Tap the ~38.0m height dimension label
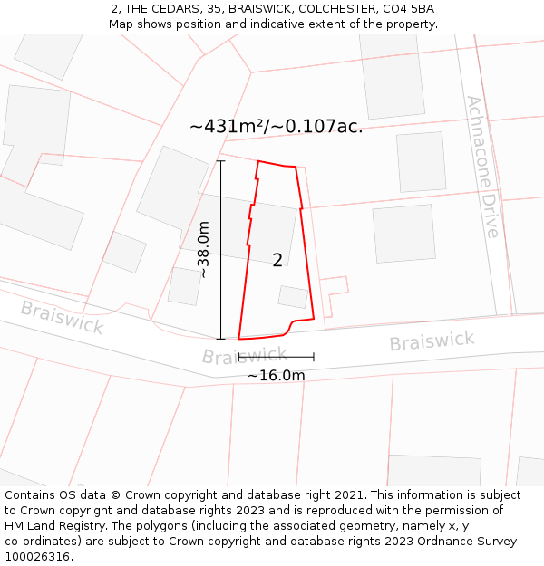point(204,249)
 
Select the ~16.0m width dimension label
point(276,375)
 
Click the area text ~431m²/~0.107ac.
point(276,127)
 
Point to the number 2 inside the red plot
point(277,261)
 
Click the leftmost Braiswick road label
point(62,318)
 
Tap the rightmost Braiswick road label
point(432,341)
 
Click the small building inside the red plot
point(293,297)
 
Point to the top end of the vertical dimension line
point(220,161)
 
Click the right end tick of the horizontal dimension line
point(314,358)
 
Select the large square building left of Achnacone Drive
point(403,234)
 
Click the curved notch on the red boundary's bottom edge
point(290,326)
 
